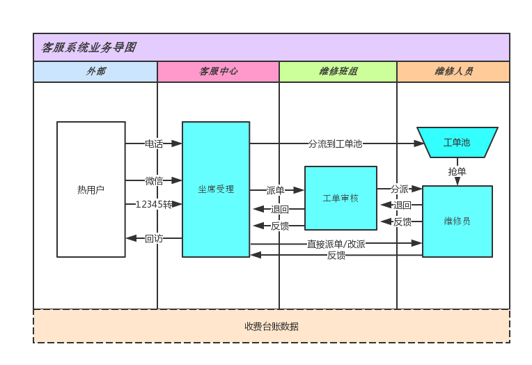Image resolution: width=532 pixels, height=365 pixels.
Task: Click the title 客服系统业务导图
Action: [x=88, y=47]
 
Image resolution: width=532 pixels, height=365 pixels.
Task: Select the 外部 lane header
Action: [x=96, y=71]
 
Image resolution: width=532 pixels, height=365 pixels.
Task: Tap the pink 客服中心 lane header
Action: [x=218, y=71]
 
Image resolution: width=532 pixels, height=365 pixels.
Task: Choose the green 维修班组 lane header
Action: [x=338, y=71]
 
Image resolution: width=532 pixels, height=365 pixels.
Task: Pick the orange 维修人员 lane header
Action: [x=453, y=71]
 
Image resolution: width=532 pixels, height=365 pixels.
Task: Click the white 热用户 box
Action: [x=91, y=189]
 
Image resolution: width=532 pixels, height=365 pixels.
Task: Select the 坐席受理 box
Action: [x=216, y=189]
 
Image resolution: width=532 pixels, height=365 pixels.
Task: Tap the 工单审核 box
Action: [x=341, y=198]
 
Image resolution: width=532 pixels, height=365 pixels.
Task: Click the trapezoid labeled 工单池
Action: [x=457, y=143]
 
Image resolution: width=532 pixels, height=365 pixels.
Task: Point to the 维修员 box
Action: [x=457, y=221]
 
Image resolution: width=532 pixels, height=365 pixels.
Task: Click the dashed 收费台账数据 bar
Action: [x=272, y=326]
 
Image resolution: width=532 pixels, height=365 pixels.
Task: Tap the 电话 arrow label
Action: [x=154, y=143]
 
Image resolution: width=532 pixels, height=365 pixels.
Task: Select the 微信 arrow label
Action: [x=154, y=181]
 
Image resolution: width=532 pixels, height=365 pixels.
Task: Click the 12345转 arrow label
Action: [x=154, y=204]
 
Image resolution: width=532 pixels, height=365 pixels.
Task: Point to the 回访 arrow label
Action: [x=154, y=238]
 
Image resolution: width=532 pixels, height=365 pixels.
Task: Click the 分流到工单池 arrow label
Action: [x=335, y=143]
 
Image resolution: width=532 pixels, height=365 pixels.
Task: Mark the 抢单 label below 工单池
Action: [x=457, y=171]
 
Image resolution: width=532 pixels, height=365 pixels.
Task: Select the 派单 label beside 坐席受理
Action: [x=275, y=190]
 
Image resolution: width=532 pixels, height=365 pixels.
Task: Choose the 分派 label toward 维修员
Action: [x=400, y=189]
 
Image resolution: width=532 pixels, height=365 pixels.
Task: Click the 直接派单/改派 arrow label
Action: [x=336, y=244]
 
